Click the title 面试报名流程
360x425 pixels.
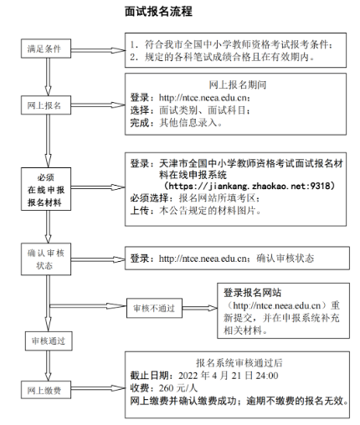coord(158,12)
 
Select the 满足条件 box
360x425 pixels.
coord(46,49)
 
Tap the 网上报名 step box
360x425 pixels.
coord(46,105)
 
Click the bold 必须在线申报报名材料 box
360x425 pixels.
coord(46,189)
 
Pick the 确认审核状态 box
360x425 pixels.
coord(46,259)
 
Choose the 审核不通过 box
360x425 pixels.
coord(154,308)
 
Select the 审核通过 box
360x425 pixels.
coord(49,341)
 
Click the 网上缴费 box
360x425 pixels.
coord(46,390)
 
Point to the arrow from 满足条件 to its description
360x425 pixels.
coord(98,50)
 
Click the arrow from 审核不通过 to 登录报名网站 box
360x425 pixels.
coord(200,308)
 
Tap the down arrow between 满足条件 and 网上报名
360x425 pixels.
coord(49,77)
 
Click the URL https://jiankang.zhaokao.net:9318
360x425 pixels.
coord(249,186)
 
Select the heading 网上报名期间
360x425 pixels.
coord(238,84)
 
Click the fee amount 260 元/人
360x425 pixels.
coord(178,388)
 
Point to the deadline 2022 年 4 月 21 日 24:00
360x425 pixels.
coord(229,376)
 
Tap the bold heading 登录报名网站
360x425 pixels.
coord(252,293)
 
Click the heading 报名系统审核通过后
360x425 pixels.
coord(239,363)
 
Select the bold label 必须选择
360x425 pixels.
coord(149,198)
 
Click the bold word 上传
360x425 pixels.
coord(140,211)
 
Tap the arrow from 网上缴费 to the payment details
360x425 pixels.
coord(98,388)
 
